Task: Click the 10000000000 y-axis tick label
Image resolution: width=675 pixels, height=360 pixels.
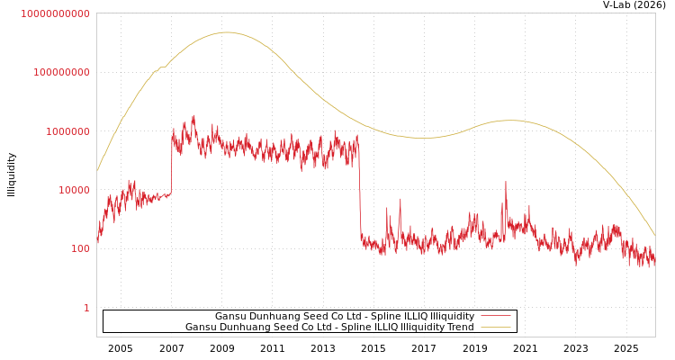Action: [x=55, y=13]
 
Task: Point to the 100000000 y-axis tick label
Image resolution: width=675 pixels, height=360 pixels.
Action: [x=61, y=72]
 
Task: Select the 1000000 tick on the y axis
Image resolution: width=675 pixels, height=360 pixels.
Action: [x=67, y=131]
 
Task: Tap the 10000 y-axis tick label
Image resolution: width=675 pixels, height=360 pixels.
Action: [x=74, y=190]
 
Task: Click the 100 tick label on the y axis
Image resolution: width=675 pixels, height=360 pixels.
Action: [x=80, y=248]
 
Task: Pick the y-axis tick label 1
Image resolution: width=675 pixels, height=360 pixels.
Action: [x=86, y=308]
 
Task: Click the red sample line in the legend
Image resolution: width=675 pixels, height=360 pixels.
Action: [x=495, y=316]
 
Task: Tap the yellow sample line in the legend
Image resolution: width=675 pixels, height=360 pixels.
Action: [x=495, y=327]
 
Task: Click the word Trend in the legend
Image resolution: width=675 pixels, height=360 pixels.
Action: [x=459, y=327]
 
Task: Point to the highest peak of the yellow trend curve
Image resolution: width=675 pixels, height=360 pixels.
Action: [x=225, y=32]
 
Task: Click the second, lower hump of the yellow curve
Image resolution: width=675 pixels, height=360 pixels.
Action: [x=509, y=120]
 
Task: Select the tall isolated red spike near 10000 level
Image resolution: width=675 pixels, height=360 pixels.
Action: [x=505, y=184]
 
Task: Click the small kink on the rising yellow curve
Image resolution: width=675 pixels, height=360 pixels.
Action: [x=161, y=67]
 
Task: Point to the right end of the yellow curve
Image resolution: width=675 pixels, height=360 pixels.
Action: [x=654, y=235]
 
